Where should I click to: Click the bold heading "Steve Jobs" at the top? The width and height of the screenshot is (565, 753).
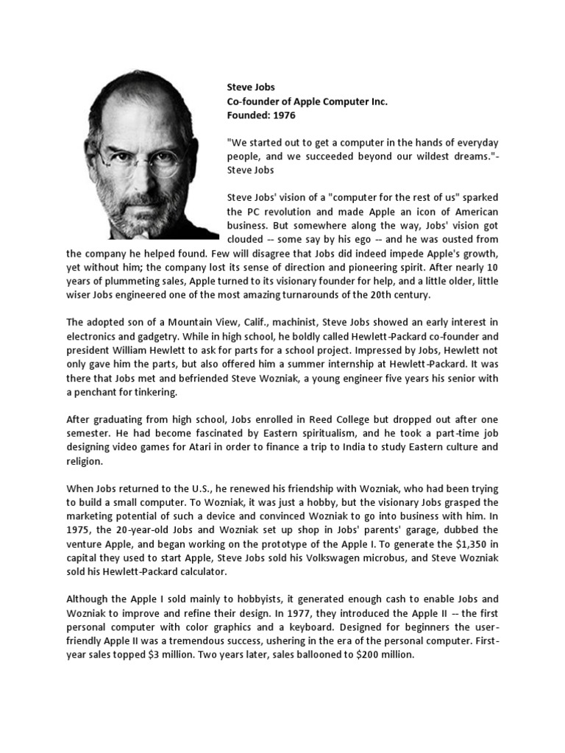click(250, 88)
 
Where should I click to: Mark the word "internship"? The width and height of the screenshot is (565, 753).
click(319, 364)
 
